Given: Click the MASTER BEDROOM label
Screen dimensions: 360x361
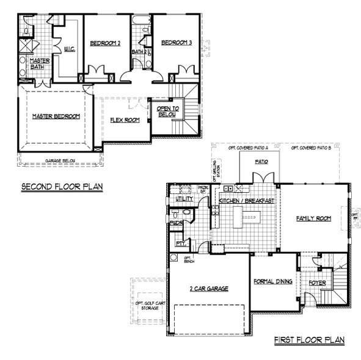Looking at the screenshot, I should pos(56,116).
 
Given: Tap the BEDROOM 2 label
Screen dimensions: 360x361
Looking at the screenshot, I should pos(105,43).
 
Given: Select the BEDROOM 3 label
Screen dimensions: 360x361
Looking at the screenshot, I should pos(177,43).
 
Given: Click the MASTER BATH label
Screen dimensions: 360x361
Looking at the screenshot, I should pos(40,63).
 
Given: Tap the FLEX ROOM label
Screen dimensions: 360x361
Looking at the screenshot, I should pos(125,120).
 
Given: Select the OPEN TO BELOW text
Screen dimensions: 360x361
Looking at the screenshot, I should pos(167,110).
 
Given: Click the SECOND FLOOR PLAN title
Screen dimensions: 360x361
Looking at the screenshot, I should pos(62,187).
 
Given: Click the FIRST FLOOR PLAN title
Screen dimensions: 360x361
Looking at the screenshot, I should pos(309,340).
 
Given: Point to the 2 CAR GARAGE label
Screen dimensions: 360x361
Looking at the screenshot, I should pos(208,288).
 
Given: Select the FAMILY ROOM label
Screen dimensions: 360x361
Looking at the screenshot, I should pos(313,218).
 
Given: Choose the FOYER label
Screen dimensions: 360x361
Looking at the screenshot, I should pos(316,283).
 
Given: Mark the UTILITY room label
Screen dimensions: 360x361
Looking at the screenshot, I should pos(184,199).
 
